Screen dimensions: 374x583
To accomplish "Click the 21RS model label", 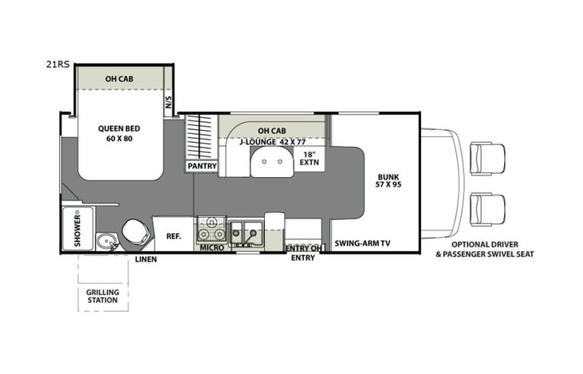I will [57, 61].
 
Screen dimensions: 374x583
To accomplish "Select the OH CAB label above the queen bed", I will [120, 79].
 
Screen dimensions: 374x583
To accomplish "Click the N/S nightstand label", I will [168, 103].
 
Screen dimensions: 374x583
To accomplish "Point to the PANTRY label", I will [201, 167].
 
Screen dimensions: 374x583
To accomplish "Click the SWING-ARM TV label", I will [362, 242].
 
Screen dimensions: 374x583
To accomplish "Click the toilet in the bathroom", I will [132, 234].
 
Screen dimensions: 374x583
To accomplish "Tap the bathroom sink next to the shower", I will [104, 241].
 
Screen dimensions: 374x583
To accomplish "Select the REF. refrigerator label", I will [172, 236].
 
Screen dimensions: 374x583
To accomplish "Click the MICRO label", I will [211, 248].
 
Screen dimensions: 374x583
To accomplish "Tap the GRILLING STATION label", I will [103, 297].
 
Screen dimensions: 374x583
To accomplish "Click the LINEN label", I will [144, 260].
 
